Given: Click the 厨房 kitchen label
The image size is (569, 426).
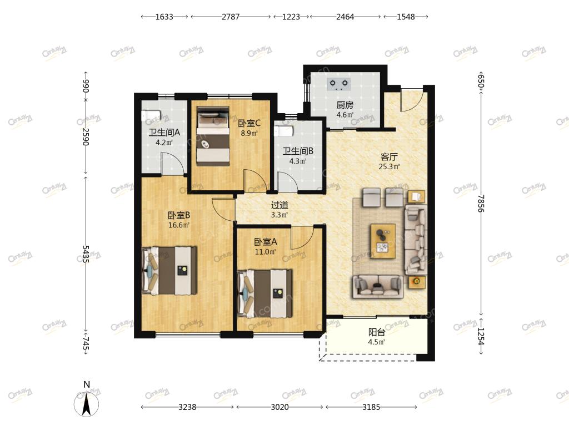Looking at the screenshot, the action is coord(345,105).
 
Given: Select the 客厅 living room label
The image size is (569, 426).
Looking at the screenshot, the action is coord(389,157).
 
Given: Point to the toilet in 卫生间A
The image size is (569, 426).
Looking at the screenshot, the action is coord(151,115).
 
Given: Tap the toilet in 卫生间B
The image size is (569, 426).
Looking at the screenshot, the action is coord(283,131).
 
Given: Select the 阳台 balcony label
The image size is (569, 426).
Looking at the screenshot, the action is coord(377,332).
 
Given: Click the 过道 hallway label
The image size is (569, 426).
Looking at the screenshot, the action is coord(279,205).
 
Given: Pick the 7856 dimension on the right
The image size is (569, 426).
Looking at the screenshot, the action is coord(481,203).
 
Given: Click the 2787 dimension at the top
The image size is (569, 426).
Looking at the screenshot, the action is coord(231,17).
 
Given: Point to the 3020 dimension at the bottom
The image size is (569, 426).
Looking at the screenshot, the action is coord(280,407).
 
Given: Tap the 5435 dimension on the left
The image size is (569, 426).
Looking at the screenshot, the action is coord(86,254).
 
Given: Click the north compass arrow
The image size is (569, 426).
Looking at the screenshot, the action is coord(86,404).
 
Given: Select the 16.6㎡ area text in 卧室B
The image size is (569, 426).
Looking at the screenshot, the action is coord(179,225).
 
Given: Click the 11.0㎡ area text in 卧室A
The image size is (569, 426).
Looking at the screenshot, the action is coord(265,252).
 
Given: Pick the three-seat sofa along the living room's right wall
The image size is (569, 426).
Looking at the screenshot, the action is coord(416,240).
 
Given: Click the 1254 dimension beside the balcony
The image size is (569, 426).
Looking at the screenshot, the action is coord(481,336).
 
